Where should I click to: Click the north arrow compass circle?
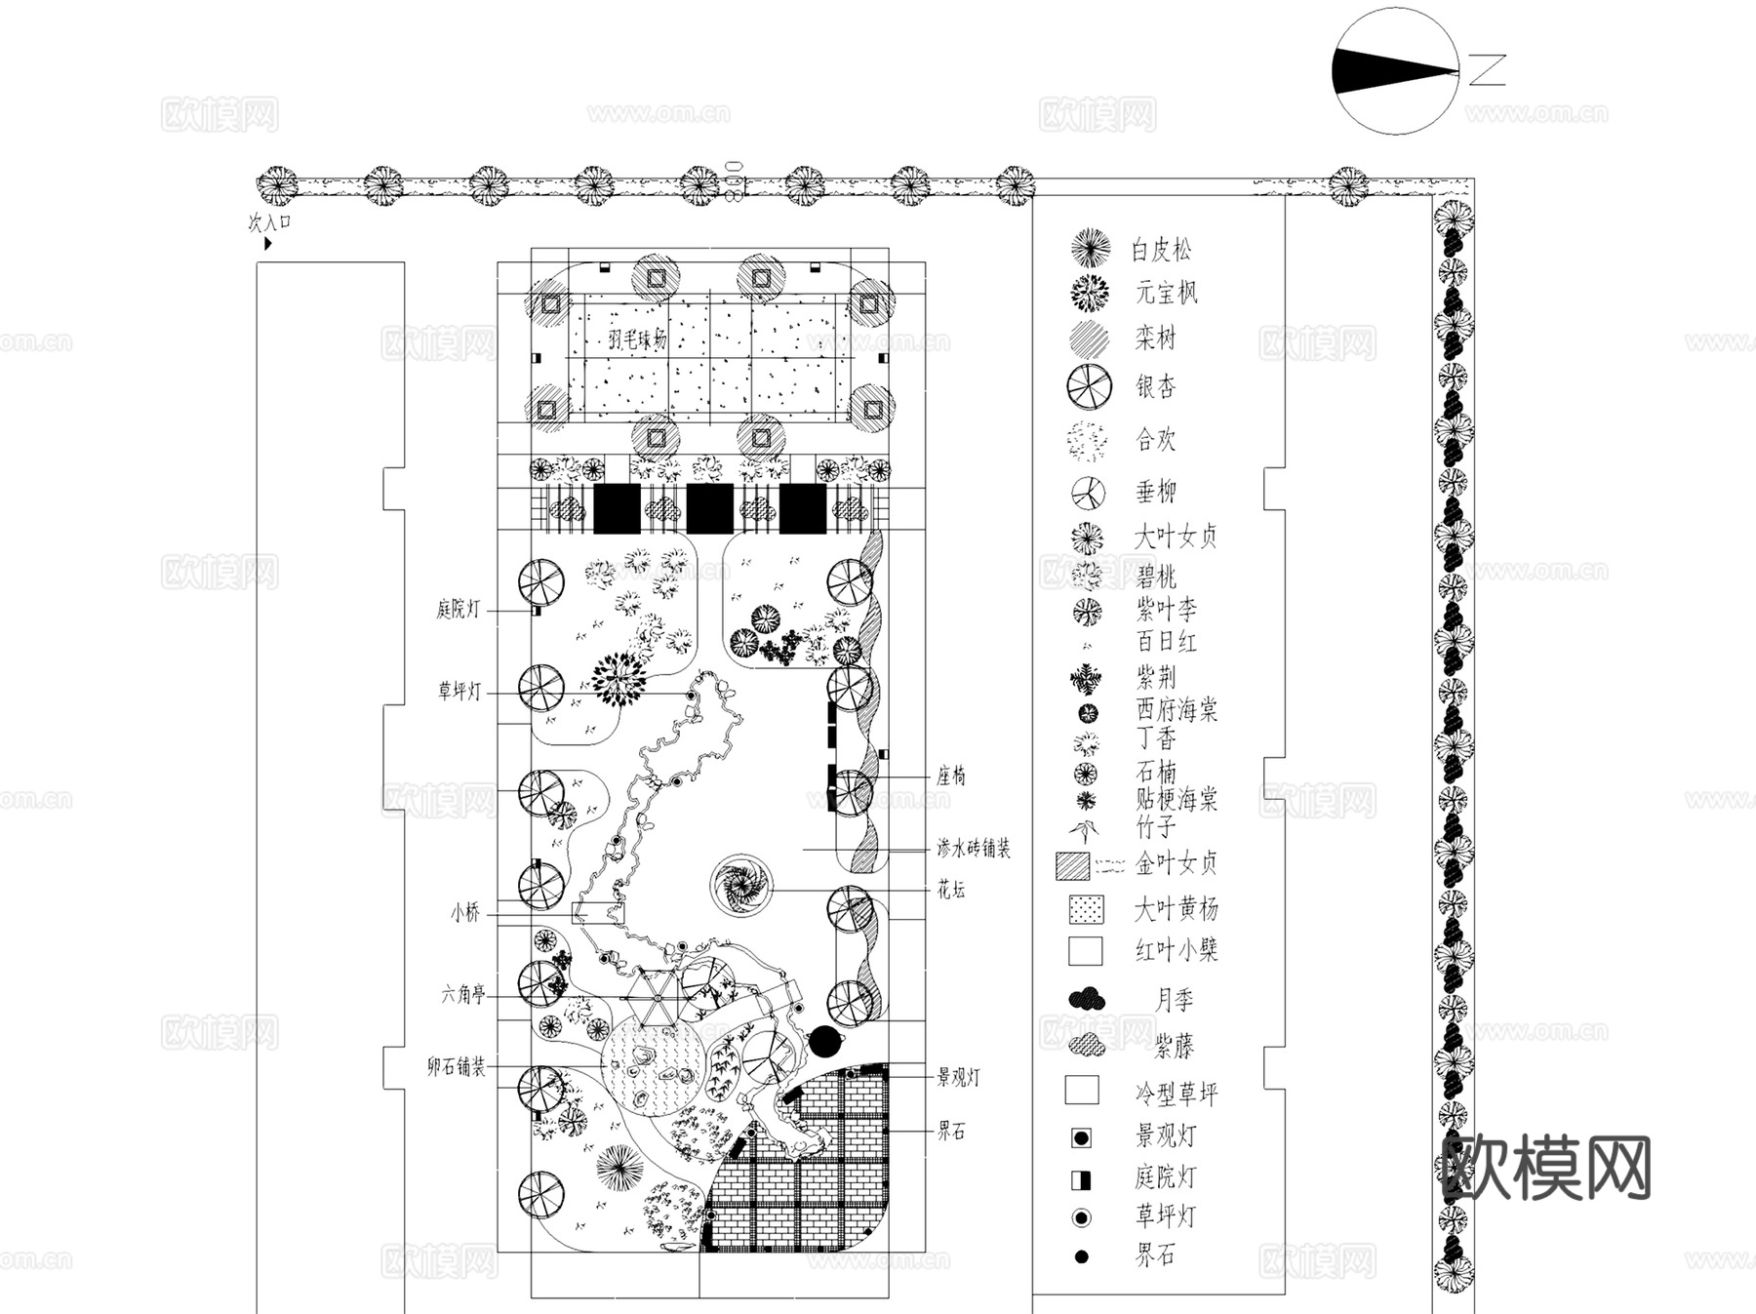[x=1395, y=70]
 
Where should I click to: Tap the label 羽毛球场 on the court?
[x=637, y=339]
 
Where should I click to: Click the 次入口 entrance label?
[x=269, y=222]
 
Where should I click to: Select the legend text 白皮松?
[x=1161, y=251]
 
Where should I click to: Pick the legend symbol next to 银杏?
[x=1089, y=386]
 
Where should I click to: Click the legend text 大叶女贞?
[x=1176, y=537]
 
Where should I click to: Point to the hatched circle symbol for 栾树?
[x=1089, y=339]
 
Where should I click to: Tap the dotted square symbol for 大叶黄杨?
[x=1086, y=909]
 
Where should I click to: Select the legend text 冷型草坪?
[x=1176, y=1094]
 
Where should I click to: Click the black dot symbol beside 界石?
[x=1081, y=1257]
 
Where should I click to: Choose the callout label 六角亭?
[x=462, y=995]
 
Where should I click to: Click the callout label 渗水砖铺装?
[x=973, y=849]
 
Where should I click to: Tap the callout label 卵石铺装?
[x=456, y=1067]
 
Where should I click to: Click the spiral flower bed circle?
[x=740, y=886]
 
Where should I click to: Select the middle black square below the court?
[x=709, y=509]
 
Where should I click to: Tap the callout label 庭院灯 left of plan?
[x=458, y=611]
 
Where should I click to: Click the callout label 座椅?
[x=951, y=776]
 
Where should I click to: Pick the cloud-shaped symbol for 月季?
[x=1087, y=999]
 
